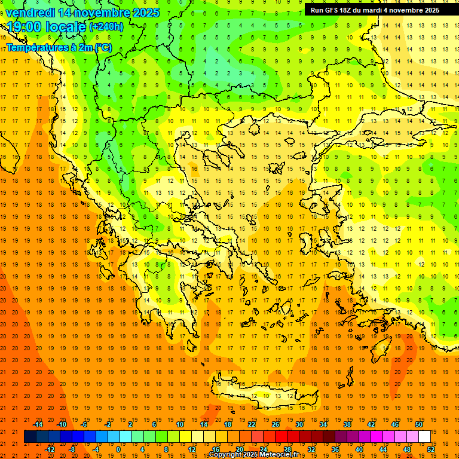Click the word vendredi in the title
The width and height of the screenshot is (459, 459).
[31, 13]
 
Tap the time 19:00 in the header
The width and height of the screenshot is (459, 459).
[25, 27]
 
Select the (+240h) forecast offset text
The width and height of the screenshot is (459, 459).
[106, 27]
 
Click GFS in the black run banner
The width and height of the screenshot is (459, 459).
[335, 10]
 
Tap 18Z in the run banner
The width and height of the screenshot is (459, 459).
[350, 10]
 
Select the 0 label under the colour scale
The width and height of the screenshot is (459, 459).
[118, 449]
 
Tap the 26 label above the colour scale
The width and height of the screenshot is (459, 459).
[276, 424]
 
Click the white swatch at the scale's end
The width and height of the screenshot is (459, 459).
[424, 436]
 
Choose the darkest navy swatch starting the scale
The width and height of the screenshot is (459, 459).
[30, 436]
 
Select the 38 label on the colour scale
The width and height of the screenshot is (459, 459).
[347, 424]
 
